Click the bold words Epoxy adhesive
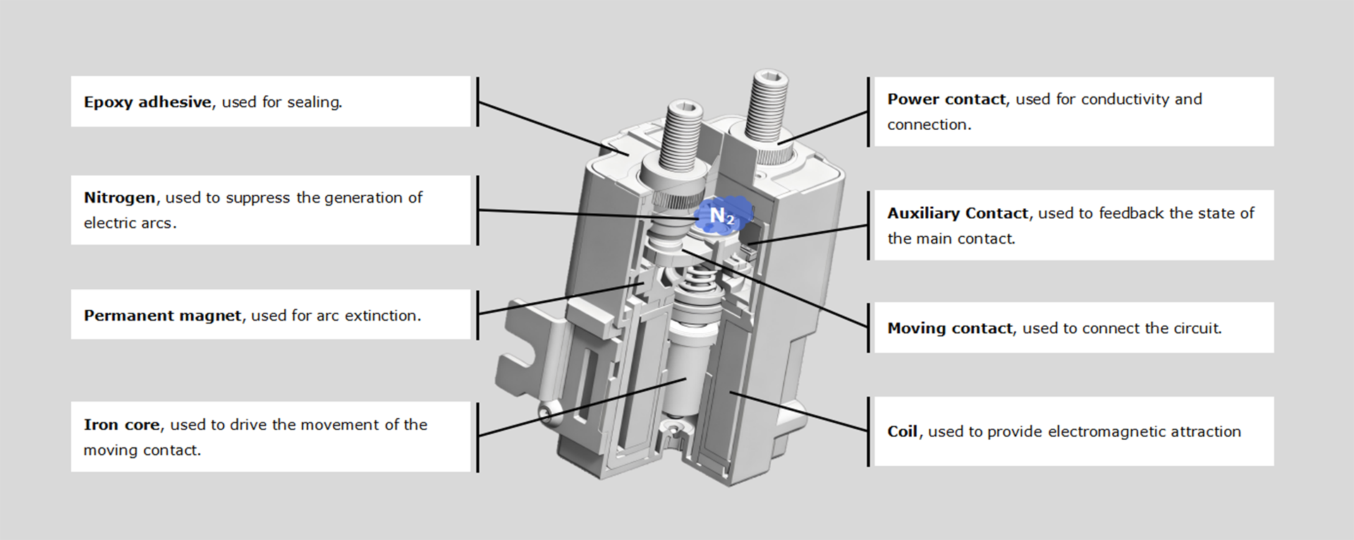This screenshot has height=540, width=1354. pyautogui.click(x=147, y=102)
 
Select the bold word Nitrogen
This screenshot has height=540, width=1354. pyautogui.click(x=119, y=198)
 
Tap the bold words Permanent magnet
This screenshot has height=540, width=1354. pyautogui.click(x=162, y=316)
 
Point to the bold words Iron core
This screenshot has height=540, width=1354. pyautogui.click(x=121, y=425)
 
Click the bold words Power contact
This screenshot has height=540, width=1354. pyautogui.click(x=946, y=100)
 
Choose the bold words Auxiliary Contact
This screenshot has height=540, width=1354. pyautogui.click(x=957, y=213)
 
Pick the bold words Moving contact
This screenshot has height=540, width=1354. pyautogui.click(x=949, y=328)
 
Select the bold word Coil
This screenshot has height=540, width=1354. pyautogui.click(x=902, y=431)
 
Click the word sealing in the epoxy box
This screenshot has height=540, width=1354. pyautogui.click(x=314, y=102)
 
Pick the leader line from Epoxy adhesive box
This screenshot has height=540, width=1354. pyautogui.click(x=543, y=127)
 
